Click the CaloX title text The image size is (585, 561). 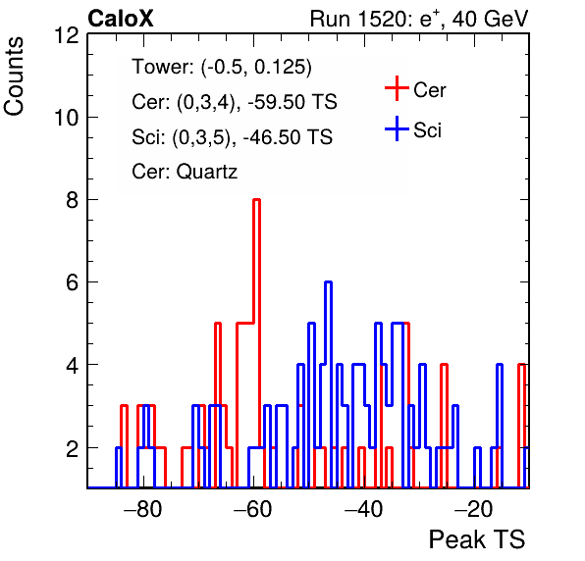[121, 19]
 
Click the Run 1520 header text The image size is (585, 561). [419, 19]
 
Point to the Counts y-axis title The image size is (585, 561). [14, 76]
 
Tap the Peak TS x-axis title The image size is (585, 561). [476, 539]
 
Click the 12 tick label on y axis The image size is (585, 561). [67, 35]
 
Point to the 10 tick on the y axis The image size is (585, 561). [67, 118]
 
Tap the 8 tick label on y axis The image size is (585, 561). [73, 200]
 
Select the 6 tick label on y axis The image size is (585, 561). [73, 282]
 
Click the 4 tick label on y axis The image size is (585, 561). [73, 365]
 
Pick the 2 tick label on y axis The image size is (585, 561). [73, 448]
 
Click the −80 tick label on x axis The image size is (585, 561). [143, 508]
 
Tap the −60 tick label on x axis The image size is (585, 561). [253, 508]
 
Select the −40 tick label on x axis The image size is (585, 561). [364, 508]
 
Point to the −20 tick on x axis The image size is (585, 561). [474, 508]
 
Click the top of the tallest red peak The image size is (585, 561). [257, 200]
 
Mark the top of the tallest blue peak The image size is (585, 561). [328, 282]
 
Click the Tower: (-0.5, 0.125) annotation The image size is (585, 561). [222, 67]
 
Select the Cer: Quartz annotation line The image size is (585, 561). [185, 172]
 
